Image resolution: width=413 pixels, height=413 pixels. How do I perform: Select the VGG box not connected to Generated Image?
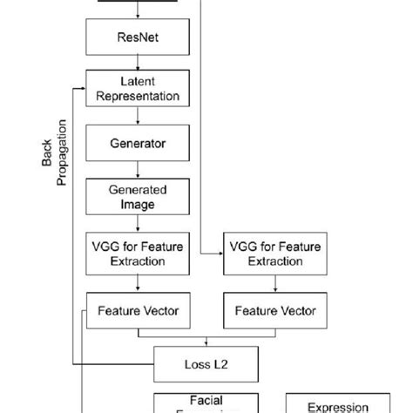point(269,253)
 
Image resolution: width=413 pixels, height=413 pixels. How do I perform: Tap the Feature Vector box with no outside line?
point(269,309)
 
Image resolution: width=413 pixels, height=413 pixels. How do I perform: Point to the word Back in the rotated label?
point(47,154)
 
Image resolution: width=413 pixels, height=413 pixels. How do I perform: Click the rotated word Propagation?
point(61,153)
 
